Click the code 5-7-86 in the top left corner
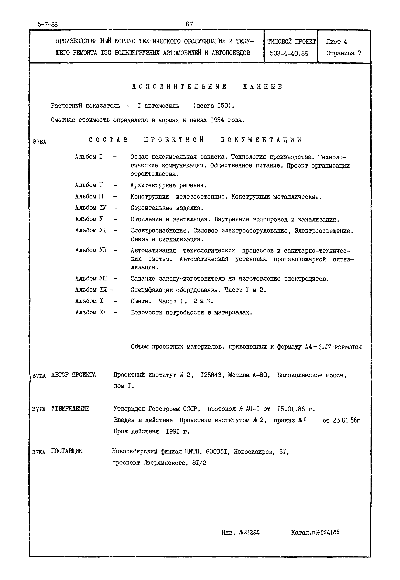48,25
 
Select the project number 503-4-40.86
289,53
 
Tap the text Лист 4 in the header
337,42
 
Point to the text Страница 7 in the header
344,53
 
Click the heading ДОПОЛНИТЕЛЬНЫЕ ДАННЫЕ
207,87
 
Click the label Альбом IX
91,290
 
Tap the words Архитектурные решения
168,185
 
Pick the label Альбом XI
91,312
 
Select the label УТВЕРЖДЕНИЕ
70,409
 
